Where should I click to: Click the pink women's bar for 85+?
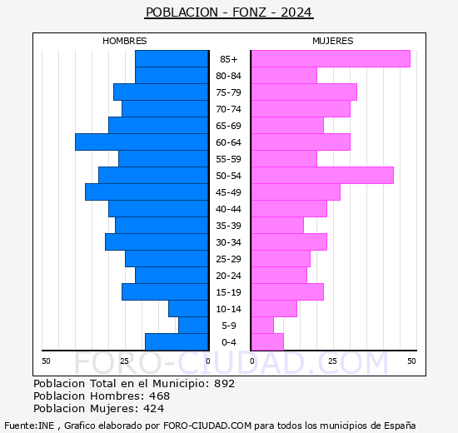(331, 59)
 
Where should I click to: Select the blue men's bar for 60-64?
(142, 142)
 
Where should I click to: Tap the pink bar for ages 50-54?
(323, 176)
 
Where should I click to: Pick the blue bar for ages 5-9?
(193, 326)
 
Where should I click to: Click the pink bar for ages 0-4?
(267, 342)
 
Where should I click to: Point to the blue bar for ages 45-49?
(147, 192)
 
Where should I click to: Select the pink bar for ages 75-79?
(304, 92)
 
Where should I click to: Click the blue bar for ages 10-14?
(188, 309)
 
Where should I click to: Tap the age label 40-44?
(228, 209)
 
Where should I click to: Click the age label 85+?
(229, 59)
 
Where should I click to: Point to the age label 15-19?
(228, 292)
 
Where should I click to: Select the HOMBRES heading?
(125, 41)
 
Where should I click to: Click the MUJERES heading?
(333, 41)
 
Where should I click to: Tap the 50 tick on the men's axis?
(46, 361)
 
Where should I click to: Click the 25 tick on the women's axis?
(332, 361)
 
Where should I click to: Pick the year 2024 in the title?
(296, 12)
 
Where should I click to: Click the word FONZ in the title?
(249, 12)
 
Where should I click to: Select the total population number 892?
(224, 383)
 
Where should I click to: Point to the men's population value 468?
(160, 396)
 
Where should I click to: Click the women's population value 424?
(154, 409)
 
